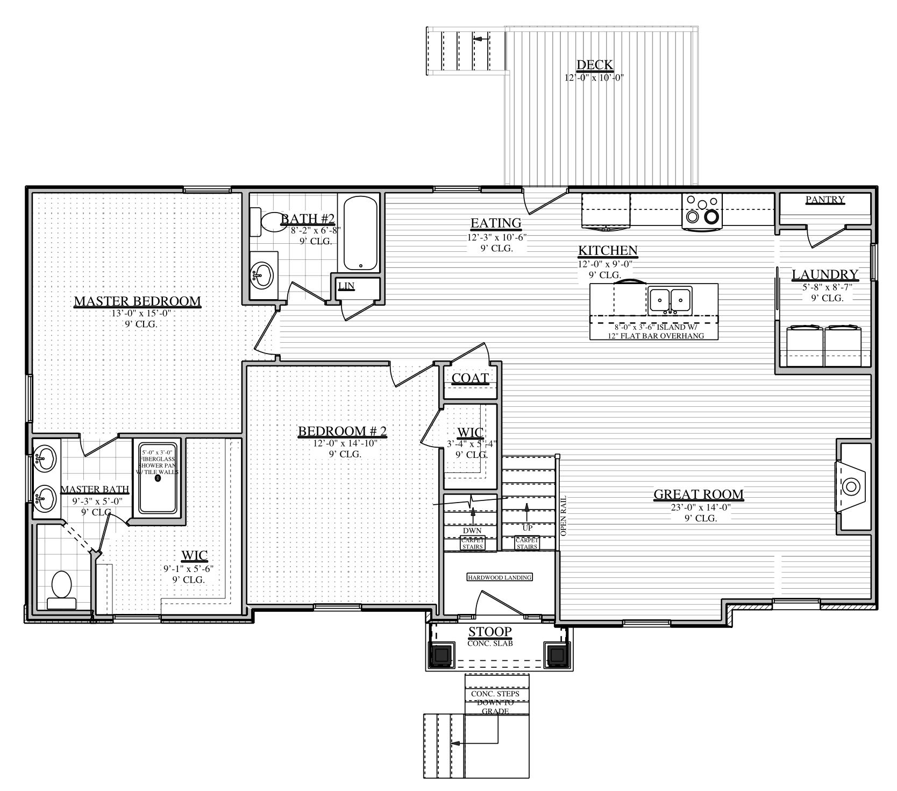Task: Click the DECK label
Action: point(594,65)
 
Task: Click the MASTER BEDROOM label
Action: point(137,301)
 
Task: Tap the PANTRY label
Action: point(825,200)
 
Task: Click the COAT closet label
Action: point(470,378)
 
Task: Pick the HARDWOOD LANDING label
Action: point(500,577)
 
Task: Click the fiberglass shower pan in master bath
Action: point(158,477)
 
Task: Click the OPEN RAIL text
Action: point(564,515)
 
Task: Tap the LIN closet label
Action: point(346,286)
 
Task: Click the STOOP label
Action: point(489,632)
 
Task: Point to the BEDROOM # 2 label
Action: point(343,431)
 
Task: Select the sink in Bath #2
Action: point(262,276)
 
